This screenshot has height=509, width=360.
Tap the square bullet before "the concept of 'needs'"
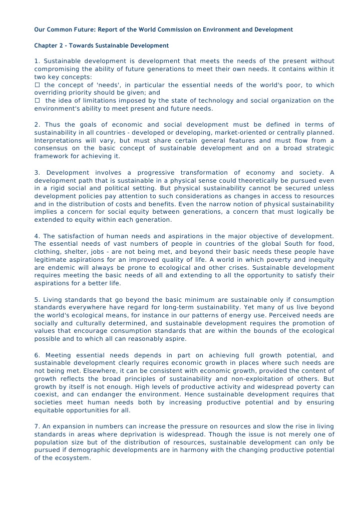coord(37,85)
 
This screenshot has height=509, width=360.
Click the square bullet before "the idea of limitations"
coord(37,101)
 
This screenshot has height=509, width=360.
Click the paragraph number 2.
coord(37,125)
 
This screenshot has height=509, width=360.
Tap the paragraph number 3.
coord(37,172)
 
